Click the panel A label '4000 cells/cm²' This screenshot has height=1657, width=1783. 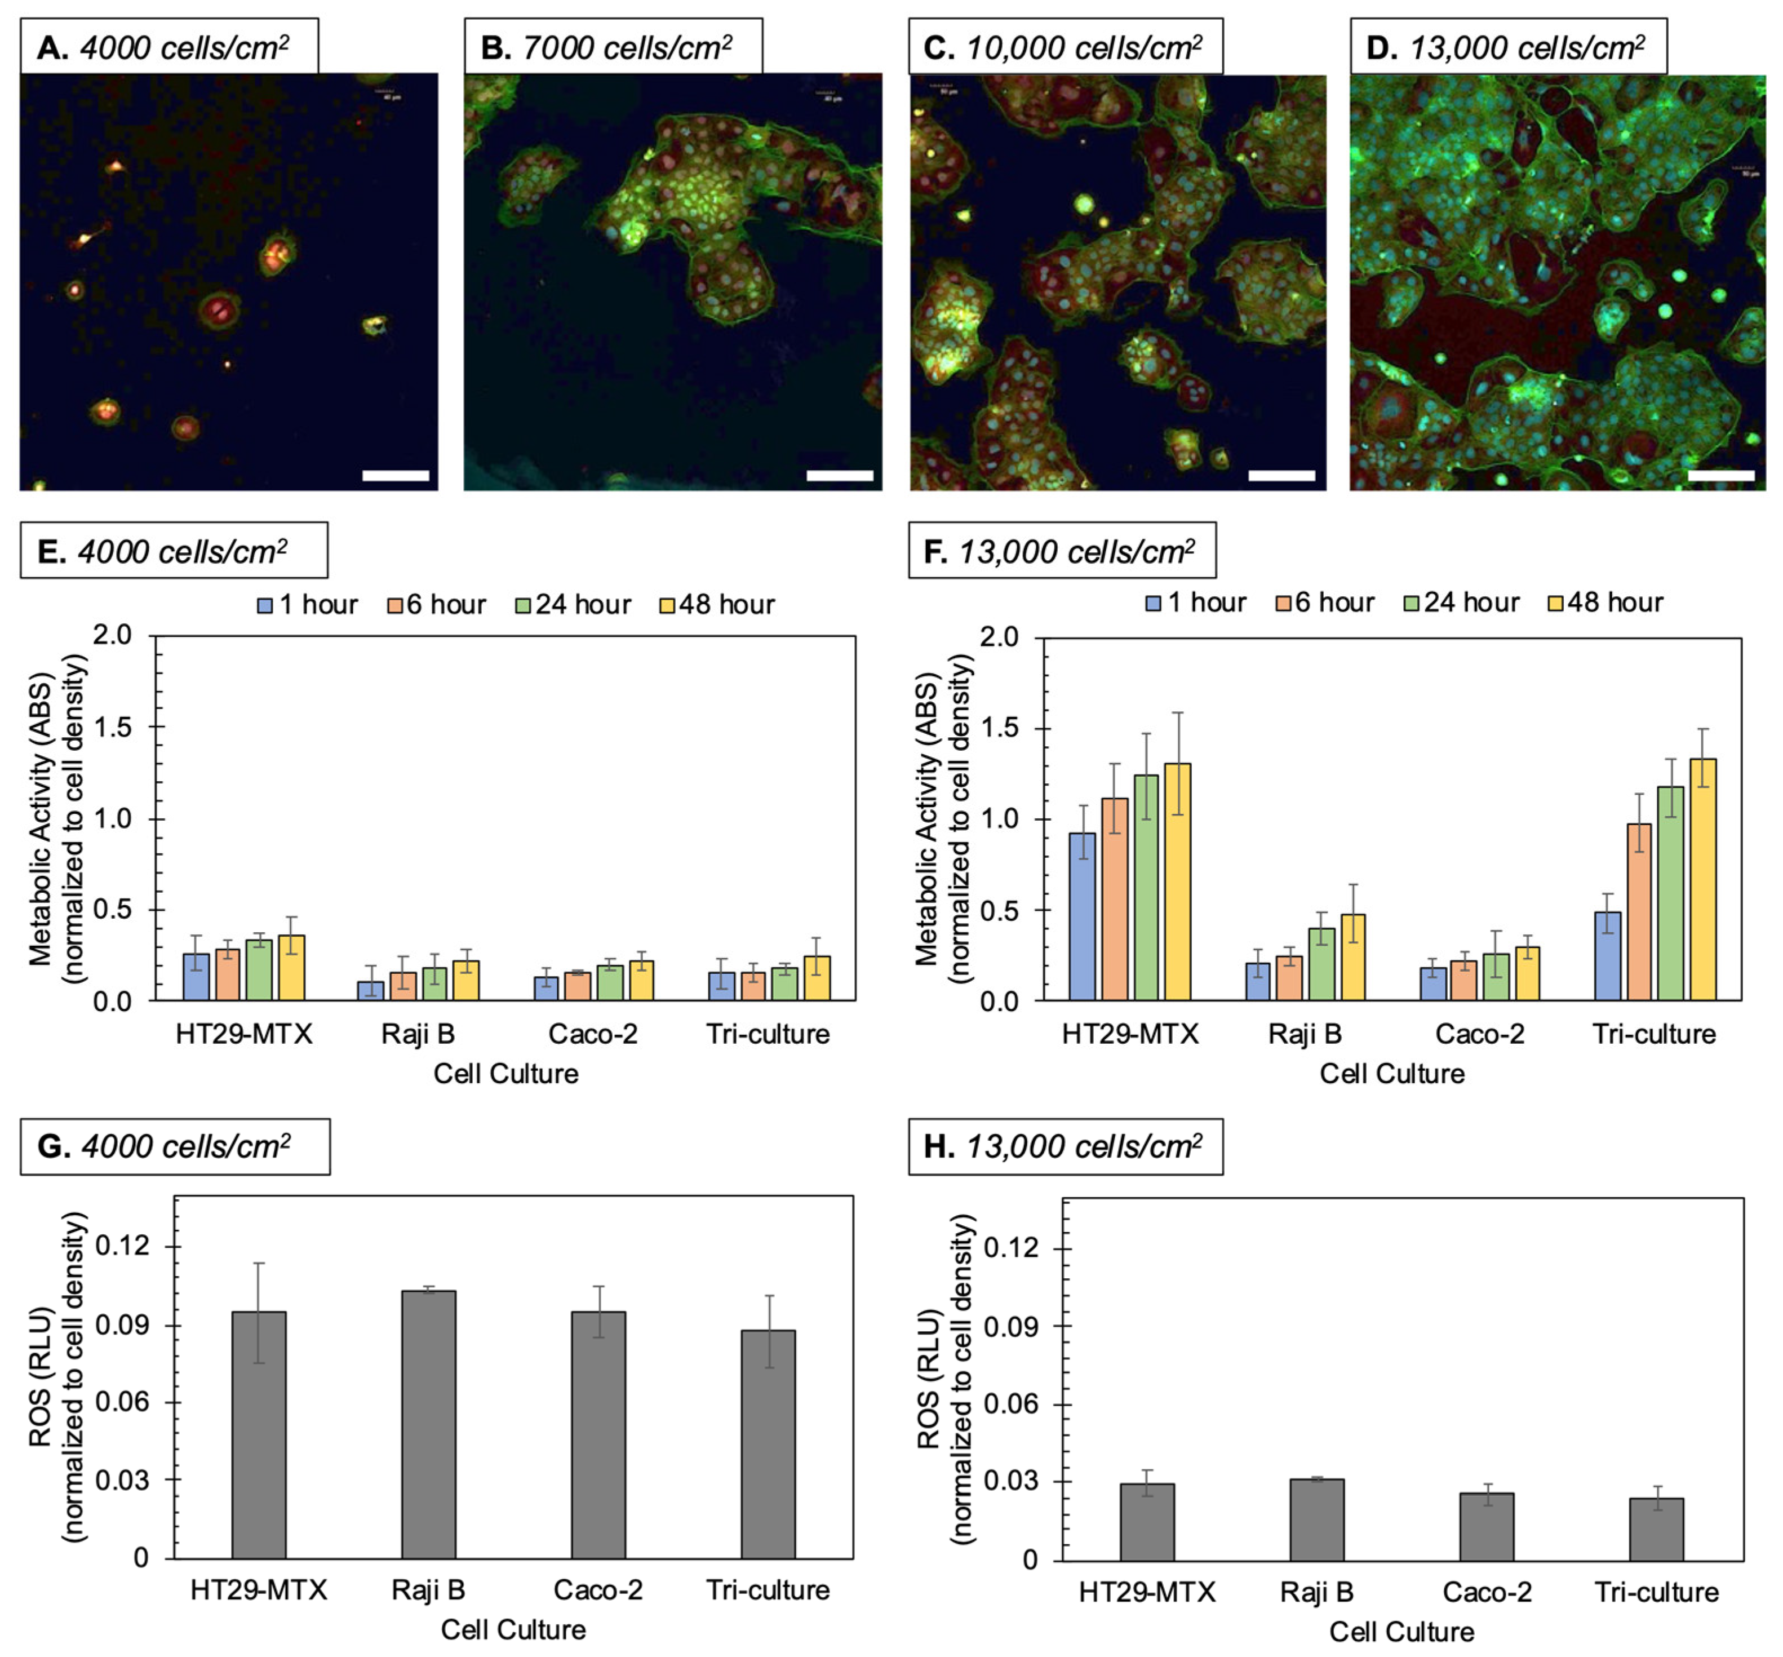coord(184,47)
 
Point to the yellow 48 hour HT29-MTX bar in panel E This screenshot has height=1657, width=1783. coord(291,968)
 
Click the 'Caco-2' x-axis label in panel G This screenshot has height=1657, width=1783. coord(598,1590)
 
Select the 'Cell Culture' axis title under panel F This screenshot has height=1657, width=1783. coord(1391,1073)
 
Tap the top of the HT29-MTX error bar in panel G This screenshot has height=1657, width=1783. coord(259,1264)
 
